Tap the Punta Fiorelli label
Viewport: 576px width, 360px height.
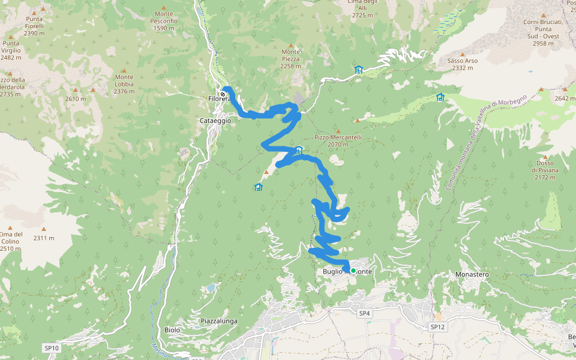tap(34, 26)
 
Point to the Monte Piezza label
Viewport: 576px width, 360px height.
tap(291, 59)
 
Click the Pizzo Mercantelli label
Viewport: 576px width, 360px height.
tap(338, 140)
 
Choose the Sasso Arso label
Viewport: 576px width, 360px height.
tap(463, 64)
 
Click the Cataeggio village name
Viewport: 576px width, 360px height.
tap(215, 121)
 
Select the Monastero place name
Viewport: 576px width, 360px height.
tap(472, 274)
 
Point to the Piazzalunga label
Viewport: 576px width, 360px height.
tap(219, 321)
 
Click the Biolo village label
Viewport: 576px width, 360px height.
tap(172, 330)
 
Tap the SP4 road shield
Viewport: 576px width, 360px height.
tap(365, 313)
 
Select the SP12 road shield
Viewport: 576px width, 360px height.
tap(437, 326)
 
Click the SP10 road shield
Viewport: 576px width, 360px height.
tap(52, 348)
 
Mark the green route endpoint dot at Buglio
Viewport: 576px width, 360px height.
tap(353, 271)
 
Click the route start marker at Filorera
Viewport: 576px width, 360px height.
tap(223, 94)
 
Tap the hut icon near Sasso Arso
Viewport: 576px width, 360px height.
tap(440, 97)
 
